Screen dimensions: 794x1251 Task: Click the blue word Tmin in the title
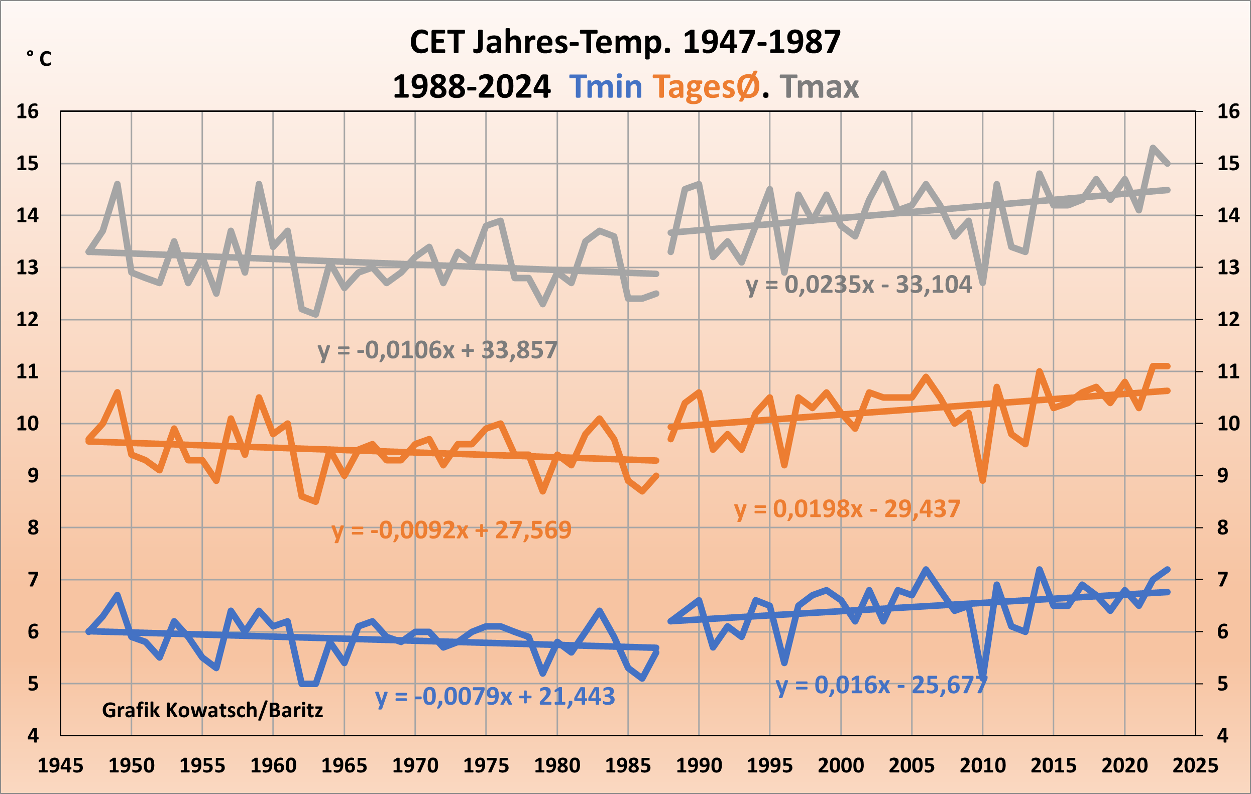[x=606, y=87]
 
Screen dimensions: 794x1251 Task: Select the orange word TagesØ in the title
[x=706, y=87]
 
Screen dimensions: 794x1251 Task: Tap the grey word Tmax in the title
[x=819, y=87]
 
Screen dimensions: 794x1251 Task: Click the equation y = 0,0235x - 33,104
[x=859, y=285]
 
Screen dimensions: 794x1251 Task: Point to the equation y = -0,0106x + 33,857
[x=437, y=350]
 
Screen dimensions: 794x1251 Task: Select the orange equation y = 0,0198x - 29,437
[x=847, y=509]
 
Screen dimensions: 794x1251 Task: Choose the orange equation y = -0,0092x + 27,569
[x=451, y=530]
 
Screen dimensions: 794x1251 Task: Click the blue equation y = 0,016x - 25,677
[x=881, y=686]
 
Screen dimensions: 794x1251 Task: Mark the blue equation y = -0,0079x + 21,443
[x=495, y=697]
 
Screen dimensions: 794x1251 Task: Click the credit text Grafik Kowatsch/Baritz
[x=212, y=710]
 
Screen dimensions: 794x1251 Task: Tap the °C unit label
[x=39, y=58]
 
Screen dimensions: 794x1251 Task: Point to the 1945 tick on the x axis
[x=60, y=765]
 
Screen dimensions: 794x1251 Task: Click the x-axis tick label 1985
[x=628, y=765]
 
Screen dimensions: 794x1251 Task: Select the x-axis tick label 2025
[x=1195, y=765]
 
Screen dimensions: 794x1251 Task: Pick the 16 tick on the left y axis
[x=28, y=111]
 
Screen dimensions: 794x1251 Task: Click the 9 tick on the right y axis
[x=1222, y=475]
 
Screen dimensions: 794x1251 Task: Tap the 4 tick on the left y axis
[x=33, y=735]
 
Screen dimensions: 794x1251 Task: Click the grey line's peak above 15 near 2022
[x=1153, y=148]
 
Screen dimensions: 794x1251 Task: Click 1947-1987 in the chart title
[x=762, y=42]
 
